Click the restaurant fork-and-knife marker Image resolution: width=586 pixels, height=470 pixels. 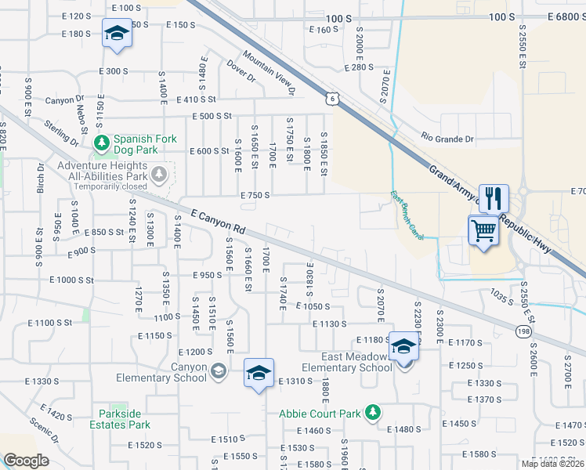(493, 198)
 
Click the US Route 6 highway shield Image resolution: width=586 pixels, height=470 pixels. (333, 98)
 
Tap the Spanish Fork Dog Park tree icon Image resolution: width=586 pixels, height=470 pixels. (101, 143)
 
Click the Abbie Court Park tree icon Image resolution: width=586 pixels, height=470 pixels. (374, 412)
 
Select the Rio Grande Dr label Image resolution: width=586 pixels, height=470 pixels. (447, 139)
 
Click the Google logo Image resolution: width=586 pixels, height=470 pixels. (26, 461)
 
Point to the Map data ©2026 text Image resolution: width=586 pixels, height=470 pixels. (553, 464)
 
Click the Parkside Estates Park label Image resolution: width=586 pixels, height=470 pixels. (125, 419)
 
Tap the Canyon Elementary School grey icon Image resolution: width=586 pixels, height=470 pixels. (219, 371)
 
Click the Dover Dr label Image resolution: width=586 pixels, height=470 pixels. (241, 72)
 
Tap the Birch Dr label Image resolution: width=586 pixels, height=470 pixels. (41, 177)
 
